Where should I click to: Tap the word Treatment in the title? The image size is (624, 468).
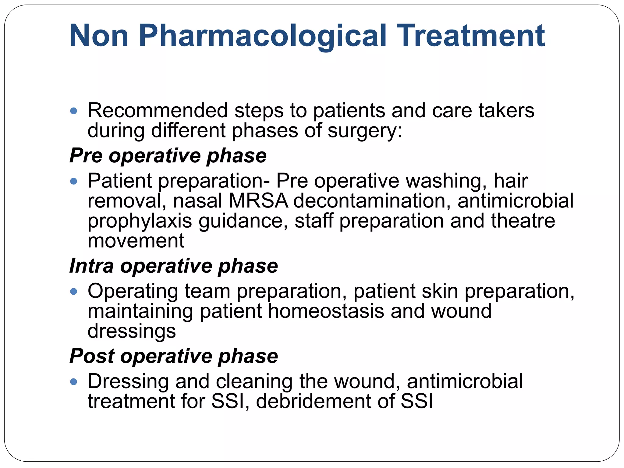click(471, 36)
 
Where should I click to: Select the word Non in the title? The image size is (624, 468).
click(99, 36)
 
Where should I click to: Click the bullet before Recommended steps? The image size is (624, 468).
click(73, 111)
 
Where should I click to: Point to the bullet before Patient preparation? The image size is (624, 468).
click(73, 182)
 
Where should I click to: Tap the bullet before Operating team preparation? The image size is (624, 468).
click(73, 292)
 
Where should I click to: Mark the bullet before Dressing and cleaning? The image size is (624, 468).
click(73, 381)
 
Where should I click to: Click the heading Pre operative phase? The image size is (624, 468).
click(168, 156)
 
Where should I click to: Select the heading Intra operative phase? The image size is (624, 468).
click(173, 266)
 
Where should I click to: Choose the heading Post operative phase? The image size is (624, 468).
click(173, 356)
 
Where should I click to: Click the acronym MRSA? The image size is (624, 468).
click(258, 201)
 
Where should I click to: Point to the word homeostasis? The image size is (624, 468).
click(326, 311)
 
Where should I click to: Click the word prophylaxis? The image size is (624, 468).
click(140, 222)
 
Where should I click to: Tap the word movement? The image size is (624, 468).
click(136, 241)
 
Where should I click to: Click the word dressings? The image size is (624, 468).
click(132, 331)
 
